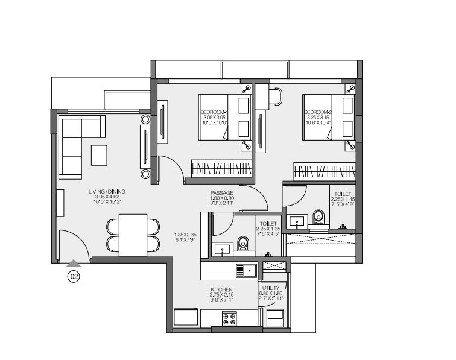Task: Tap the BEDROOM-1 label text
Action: [213, 113]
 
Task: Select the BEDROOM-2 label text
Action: [317, 113]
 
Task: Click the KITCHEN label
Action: [221, 289]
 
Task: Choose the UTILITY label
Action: [271, 289]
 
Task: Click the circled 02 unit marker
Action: [74, 277]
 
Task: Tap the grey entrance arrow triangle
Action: [74, 263]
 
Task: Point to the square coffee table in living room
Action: [99, 154]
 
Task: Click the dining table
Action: [133, 235]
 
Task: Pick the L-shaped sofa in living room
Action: [75, 145]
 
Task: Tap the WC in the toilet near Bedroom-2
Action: [318, 217]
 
